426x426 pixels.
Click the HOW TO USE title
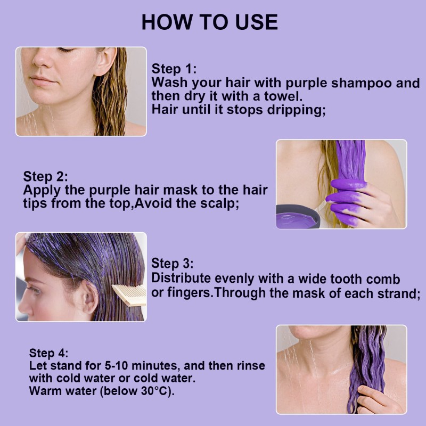point(209,22)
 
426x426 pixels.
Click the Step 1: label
point(174,69)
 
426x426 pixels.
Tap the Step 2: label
point(45,176)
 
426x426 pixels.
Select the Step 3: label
point(172,264)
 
